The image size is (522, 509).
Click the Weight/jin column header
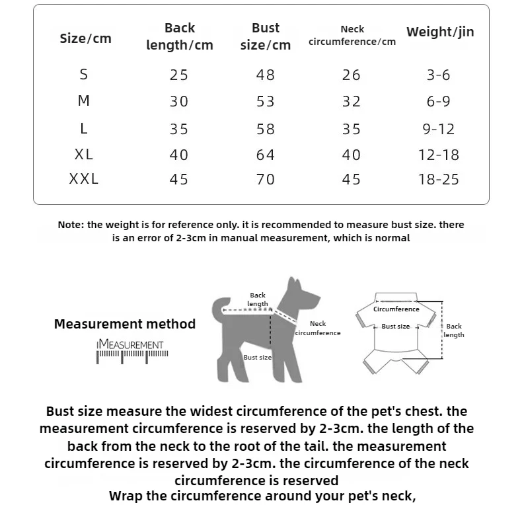click(x=439, y=32)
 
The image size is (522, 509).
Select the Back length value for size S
click(x=179, y=75)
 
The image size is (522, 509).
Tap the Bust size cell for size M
click(x=265, y=101)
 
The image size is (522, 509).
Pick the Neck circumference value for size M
click(x=352, y=101)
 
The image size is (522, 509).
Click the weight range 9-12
click(x=439, y=129)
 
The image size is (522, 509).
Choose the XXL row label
click(x=84, y=179)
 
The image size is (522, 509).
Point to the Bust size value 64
click(x=265, y=155)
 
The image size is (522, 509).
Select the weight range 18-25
click(x=439, y=179)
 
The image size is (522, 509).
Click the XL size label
click(x=84, y=155)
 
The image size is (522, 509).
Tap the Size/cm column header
click(x=85, y=38)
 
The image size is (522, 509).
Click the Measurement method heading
click(x=125, y=324)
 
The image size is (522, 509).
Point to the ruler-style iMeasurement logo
click(x=132, y=350)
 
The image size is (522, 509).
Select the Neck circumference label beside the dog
click(x=318, y=328)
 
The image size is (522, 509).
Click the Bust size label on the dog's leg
click(x=258, y=357)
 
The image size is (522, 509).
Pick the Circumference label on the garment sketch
click(x=396, y=309)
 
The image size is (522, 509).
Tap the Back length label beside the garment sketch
click(x=454, y=331)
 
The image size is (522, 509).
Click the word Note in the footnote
click(x=70, y=225)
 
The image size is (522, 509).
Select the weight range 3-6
click(x=439, y=75)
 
